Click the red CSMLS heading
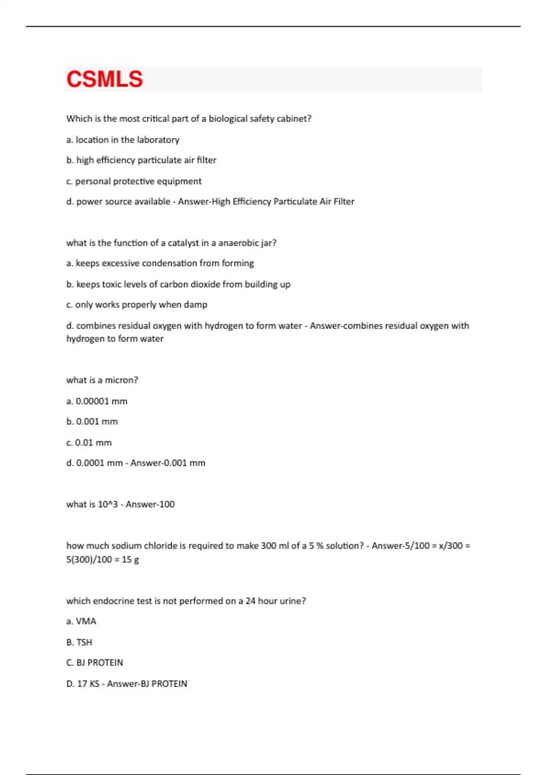104,79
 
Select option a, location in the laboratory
123,140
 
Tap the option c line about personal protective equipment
134,181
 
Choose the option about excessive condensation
160,263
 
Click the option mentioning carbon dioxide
178,284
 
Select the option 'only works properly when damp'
137,305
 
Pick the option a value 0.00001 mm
97,401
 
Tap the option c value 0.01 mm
89,443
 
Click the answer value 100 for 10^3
167,505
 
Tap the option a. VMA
81,621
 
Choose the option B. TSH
79,642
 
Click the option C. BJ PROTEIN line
94,663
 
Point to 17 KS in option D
88,684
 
